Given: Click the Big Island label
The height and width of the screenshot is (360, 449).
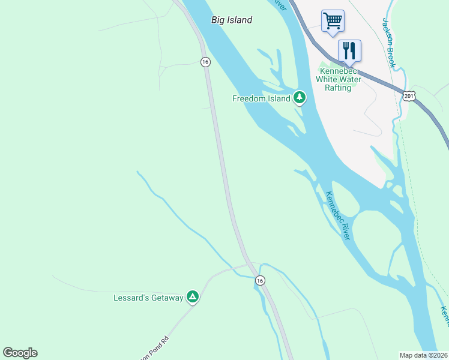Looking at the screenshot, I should [232, 20].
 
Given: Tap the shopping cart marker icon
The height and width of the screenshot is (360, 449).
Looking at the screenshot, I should [333, 21].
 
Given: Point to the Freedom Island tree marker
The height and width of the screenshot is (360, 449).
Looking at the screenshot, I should [300, 98].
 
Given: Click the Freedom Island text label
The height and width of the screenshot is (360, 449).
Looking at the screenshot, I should [261, 98].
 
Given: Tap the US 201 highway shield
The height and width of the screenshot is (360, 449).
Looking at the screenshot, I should [409, 95].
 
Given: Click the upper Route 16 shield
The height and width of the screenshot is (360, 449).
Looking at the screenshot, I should [205, 62].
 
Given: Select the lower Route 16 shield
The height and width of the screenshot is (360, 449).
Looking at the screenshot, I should [259, 280].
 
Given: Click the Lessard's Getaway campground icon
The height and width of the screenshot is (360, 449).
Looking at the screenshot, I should [192, 296].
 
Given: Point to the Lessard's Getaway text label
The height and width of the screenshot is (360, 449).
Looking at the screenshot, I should [148, 298].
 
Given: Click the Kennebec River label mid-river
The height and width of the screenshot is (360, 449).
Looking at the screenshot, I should [337, 215].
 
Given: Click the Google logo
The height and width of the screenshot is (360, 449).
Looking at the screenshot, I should [20, 353].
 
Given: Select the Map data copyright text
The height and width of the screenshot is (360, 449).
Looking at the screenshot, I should [423, 355].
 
